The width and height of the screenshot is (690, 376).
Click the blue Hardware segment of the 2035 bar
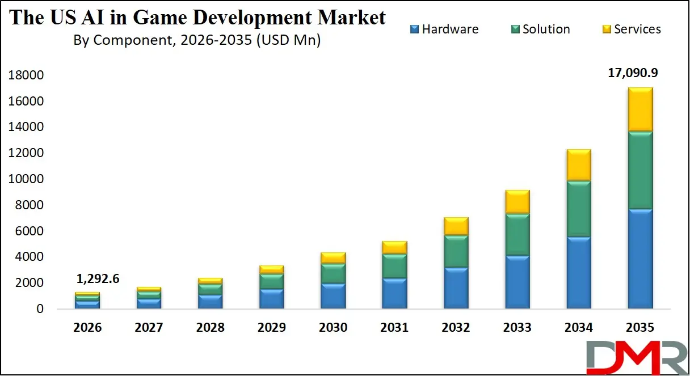click(x=640, y=259)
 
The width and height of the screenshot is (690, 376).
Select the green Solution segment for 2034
click(x=579, y=209)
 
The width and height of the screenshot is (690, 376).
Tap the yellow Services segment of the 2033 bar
click(x=517, y=202)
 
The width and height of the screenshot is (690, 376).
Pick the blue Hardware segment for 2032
click(x=456, y=288)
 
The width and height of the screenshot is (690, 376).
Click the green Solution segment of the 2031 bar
click(x=394, y=266)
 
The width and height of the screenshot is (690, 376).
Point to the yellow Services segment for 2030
click(x=333, y=258)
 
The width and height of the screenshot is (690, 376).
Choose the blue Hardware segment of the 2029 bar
click(x=272, y=299)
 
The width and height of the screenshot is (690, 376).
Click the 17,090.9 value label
click(x=640, y=73)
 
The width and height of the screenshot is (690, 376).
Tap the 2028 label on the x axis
click(x=211, y=328)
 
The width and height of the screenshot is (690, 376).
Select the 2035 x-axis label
click(x=640, y=328)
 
